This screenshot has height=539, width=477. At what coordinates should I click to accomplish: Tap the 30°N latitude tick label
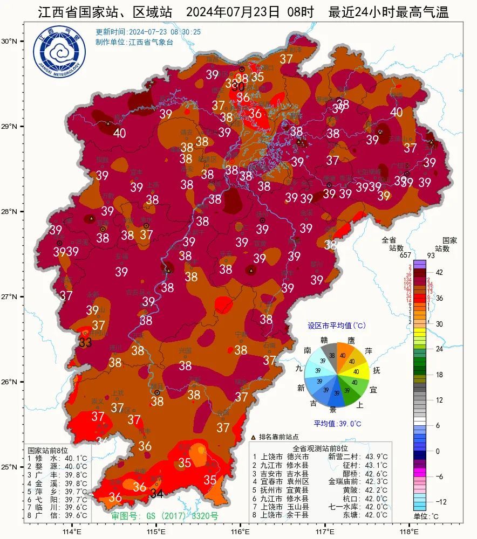tap(9, 42)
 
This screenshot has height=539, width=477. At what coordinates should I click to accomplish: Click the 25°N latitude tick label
tap(9, 467)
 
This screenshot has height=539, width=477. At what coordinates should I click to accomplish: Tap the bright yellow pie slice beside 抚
tap(358, 371)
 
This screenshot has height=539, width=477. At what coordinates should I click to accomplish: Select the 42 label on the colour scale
tap(439, 273)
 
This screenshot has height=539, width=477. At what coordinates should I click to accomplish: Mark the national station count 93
tap(446, 255)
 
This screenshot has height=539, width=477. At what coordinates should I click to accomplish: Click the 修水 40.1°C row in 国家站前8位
tap(57, 459)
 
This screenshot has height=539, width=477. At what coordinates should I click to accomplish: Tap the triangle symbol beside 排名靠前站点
tap(254, 437)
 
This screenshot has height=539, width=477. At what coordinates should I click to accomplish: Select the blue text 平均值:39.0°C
tap(337, 424)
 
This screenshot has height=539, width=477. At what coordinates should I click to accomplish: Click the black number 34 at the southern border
tap(156, 494)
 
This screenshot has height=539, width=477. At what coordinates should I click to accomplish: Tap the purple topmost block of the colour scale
tap(420, 262)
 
